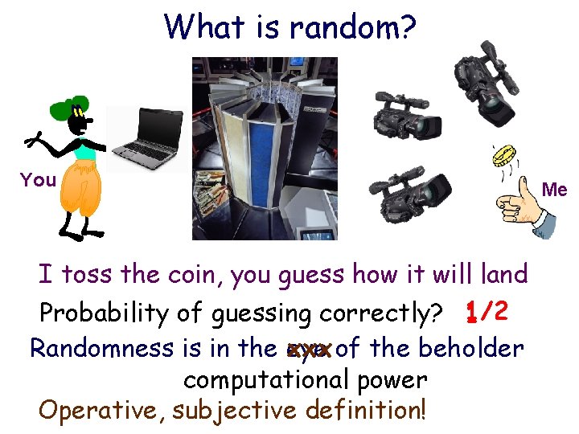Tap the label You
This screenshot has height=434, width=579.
[x=38, y=180]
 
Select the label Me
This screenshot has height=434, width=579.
[x=555, y=190]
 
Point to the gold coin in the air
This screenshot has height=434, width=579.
[x=505, y=156]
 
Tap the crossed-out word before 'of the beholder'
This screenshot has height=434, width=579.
[x=309, y=350]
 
